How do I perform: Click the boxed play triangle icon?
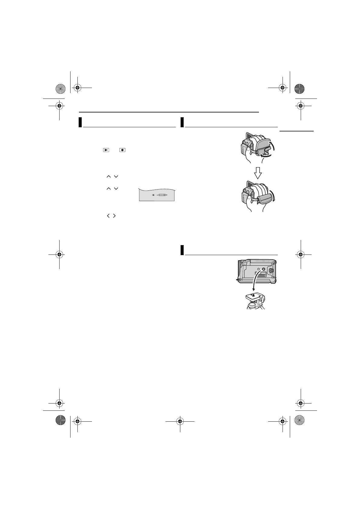(106, 150)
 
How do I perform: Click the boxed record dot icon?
(123, 150)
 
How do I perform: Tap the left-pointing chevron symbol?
(108, 216)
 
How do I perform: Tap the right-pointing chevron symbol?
(114, 216)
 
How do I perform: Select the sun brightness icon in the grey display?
(153, 195)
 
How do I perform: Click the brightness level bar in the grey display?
(162, 195)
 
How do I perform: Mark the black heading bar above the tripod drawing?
(182, 250)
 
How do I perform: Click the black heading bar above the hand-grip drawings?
(182, 122)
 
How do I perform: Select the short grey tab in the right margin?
(296, 131)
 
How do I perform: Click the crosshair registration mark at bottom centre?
(180, 421)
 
